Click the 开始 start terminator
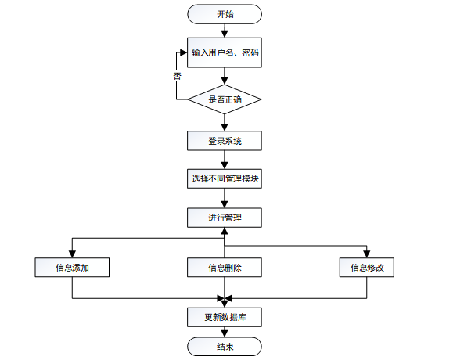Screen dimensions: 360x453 click(x=225, y=14)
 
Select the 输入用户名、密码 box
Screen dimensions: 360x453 click(x=225, y=52)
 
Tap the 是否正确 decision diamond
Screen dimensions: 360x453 click(x=225, y=100)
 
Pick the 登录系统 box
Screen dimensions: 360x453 click(x=225, y=141)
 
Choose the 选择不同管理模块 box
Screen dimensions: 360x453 click(x=225, y=179)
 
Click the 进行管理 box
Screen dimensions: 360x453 click(x=225, y=218)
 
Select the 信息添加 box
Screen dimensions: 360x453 click(x=72, y=268)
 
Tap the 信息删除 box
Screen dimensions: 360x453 click(x=225, y=268)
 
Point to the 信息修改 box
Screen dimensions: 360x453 click(x=367, y=268)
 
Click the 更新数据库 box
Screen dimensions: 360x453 click(x=225, y=317)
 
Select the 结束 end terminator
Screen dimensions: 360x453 click(x=225, y=347)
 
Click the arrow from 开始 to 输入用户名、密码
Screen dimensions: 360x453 click(x=225, y=31)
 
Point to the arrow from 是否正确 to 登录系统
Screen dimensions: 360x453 click(x=225, y=123)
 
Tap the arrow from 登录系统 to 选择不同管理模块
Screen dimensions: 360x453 click(x=225, y=160)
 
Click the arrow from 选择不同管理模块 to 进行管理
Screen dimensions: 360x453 click(x=225, y=199)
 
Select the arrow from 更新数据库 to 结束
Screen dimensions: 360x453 click(x=225, y=332)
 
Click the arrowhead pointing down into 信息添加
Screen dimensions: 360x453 click(x=72, y=253)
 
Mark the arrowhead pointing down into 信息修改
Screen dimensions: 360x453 click(x=367, y=253)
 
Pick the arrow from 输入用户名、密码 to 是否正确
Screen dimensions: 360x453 click(x=225, y=77)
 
